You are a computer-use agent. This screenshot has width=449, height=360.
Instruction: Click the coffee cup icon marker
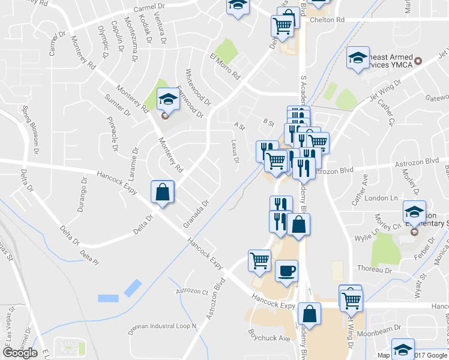pos(286,270)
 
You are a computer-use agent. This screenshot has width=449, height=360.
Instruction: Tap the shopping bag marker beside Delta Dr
pos(163,193)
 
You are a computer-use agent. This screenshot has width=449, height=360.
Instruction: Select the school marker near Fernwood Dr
pos(168,100)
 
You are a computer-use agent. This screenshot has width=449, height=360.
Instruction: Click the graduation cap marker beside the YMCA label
pos(358,59)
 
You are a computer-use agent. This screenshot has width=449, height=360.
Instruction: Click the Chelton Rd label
pos(327,20)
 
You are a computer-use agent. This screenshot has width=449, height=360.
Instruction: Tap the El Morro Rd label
pos(225,67)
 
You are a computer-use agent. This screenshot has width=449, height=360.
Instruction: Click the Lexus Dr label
pos(235,151)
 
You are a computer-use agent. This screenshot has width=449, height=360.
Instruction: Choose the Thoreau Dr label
pos(375,271)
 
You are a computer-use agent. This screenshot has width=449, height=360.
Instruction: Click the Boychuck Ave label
pos(270,338)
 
